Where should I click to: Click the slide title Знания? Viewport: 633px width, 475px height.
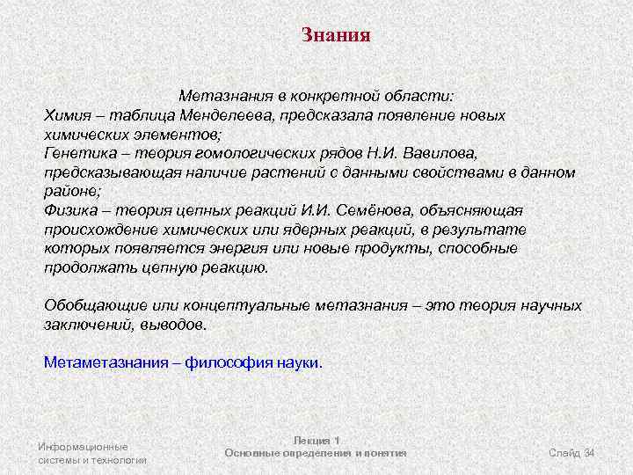coord(336,36)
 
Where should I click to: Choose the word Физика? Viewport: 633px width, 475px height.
coord(72,210)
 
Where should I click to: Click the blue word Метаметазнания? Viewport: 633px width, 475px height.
coord(106,362)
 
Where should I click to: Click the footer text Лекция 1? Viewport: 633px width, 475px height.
coord(316,440)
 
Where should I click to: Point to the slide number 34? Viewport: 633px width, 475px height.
coord(589,453)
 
